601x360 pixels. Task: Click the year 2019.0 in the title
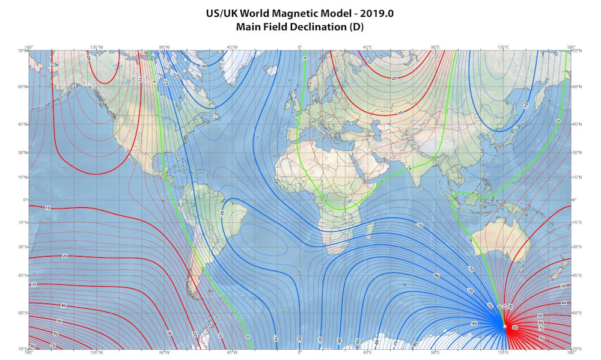376,13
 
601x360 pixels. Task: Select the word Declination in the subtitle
316,26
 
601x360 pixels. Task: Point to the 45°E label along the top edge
367,47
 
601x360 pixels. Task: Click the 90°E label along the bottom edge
435,352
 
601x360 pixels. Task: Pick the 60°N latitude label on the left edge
22,87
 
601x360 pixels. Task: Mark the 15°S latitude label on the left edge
22,222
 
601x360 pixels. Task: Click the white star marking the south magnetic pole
504,326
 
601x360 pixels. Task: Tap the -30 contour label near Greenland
204,66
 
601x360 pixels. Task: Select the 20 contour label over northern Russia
394,78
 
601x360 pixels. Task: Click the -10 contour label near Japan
525,105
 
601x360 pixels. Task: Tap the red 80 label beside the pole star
515,328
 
